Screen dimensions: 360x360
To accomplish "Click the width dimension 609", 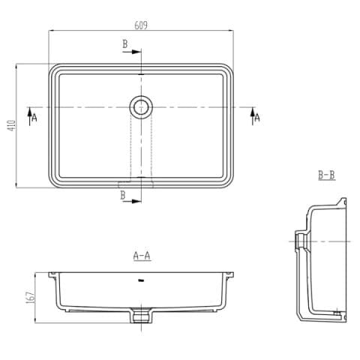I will (140, 25).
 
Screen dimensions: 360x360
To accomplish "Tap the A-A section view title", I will (142, 256).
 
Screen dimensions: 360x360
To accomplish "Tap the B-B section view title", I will (326, 175).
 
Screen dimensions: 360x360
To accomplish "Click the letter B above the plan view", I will (124, 44).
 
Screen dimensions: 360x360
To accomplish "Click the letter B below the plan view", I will (123, 196).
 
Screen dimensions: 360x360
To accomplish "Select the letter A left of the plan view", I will (34, 118).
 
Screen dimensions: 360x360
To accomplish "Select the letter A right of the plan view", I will (257, 118).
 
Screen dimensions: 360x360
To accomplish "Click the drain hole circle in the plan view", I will (140, 107).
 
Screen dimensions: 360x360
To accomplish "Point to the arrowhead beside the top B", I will (137, 52).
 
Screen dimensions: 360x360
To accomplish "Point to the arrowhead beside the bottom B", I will (137, 200).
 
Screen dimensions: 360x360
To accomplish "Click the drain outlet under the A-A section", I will (141, 316).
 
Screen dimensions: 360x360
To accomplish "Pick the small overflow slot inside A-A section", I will (141, 281).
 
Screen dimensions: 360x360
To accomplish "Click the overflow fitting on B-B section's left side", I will (299, 240).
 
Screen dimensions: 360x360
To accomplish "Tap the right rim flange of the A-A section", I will (228, 272).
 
